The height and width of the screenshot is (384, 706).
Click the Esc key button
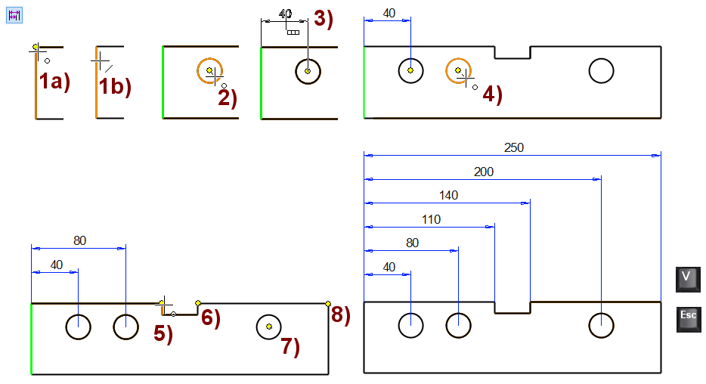click(x=689, y=319)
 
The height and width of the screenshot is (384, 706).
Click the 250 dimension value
click(x=513, y=148)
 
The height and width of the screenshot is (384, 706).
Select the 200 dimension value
click(x=484, y=172)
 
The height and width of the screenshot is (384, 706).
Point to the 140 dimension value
click(x=448, y=196)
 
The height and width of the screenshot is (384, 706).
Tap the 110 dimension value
click(x=432, y=220)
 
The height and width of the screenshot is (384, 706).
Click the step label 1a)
click(x=54, y=82)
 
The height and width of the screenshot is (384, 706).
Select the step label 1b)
click(x=115, y=86)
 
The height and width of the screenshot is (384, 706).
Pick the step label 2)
click(x=228, y=98)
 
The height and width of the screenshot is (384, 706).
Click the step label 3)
click(x=324, y=19)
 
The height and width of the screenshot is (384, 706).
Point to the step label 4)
click(x=492, y=94)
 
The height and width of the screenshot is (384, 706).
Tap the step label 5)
click(x=164, y=333)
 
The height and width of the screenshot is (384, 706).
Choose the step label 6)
click(x=211, y=318)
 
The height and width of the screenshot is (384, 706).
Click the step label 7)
click(x=290, y=347)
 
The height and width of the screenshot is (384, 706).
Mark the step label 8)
click(x=341, y=314)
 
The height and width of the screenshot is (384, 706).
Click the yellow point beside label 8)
click(x=328, y=304)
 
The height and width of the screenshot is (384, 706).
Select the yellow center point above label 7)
click(x=269, y=327)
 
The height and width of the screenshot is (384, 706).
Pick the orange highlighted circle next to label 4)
click(x=458, y=70)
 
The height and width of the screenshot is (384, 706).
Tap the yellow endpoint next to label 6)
click(x=198, y=303)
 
